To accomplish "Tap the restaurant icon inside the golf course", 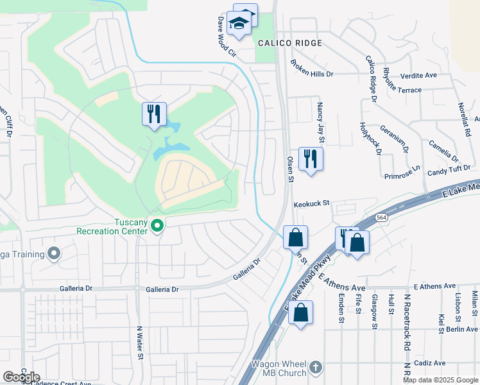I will [154, 114].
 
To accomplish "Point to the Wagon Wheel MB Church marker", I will [314, 368].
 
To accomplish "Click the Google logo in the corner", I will [21, 377].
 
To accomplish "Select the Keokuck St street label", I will [311, 203].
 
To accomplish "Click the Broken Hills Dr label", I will [312, 69].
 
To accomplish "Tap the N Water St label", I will [139, 341].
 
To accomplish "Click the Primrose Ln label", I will [402, 173].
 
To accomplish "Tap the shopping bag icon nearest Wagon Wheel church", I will [300, 313].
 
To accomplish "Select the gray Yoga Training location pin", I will [54, 253].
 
